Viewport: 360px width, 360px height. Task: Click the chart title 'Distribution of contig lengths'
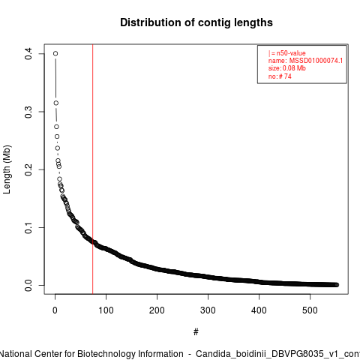pos(196,22)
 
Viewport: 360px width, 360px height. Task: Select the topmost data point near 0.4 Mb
pos(55,53)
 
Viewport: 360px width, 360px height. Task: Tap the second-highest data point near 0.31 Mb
pos(56,103)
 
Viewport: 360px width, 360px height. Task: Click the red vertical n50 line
pos(93,169)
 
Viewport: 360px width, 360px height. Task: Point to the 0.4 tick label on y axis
pos(28,54)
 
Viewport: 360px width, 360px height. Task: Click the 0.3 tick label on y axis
pos(28,112)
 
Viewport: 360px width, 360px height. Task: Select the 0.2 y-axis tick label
pos(28,169)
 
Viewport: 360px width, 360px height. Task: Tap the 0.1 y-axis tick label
pos(28,227)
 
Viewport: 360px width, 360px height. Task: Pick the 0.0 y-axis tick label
pos(28,285)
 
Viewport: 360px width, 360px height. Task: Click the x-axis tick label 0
pos(55,310)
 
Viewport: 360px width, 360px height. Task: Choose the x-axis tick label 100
pos(106,310)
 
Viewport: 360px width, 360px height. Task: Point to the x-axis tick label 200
pos(157,310)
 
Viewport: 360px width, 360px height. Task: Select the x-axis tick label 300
pos(208,310)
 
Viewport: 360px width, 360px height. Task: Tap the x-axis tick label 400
pos(259,310)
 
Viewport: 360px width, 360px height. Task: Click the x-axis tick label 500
pos(310,310)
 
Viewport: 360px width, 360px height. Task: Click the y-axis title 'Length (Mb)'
pos(7,169)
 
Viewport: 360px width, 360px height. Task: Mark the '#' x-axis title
pos(196,332)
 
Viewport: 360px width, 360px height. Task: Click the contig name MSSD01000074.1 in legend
pos(316,61)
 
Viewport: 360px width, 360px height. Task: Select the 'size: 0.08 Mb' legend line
pos(287,68)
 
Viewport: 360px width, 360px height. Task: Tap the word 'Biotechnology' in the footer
pos(106,354)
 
